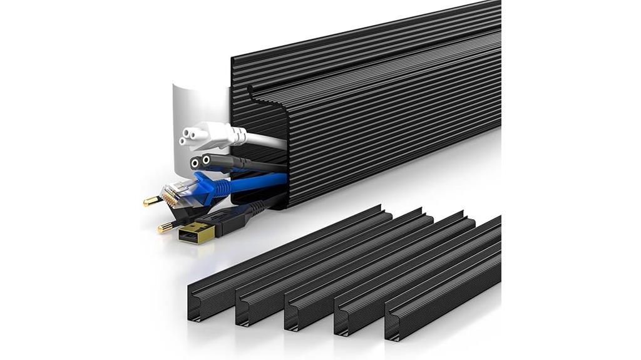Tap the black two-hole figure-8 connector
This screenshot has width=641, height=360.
click(x=203, y=162)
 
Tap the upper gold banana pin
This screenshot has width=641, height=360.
click(x=153, y=201)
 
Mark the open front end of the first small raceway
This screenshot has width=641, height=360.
click(x=195, y=307)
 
